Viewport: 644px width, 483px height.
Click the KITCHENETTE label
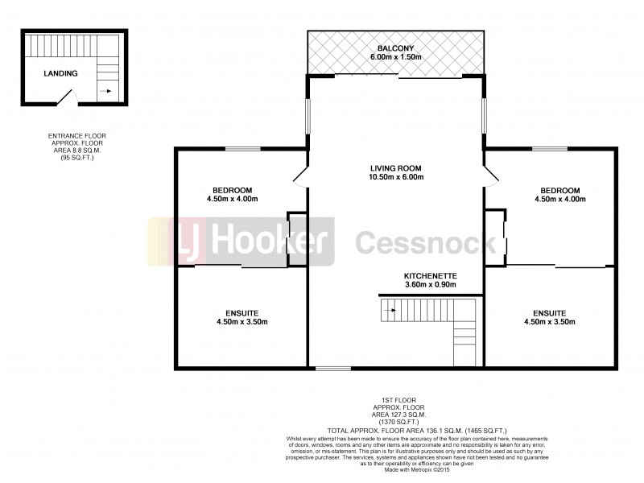pyautogui.click(x=430, y=275)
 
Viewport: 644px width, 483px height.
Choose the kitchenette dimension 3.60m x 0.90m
pyautogui.click(x=430, y=284)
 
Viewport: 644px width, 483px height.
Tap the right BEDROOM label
pyautogui.click(x=560, y=190)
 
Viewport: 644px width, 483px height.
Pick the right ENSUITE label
pyautogui.click(x=549, y=312)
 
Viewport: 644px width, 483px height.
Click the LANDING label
pyautogui.click(x=61, y=73)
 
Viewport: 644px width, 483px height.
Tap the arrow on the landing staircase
pyautogui.click(x=104, y=92)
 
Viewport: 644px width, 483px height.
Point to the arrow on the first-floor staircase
pyautogui.click(x=390, y=306)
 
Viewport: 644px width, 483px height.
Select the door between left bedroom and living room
pyautogui.click(x=300, y=176)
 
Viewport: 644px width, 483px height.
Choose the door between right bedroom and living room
pyautogui.click(x=490, y=175)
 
